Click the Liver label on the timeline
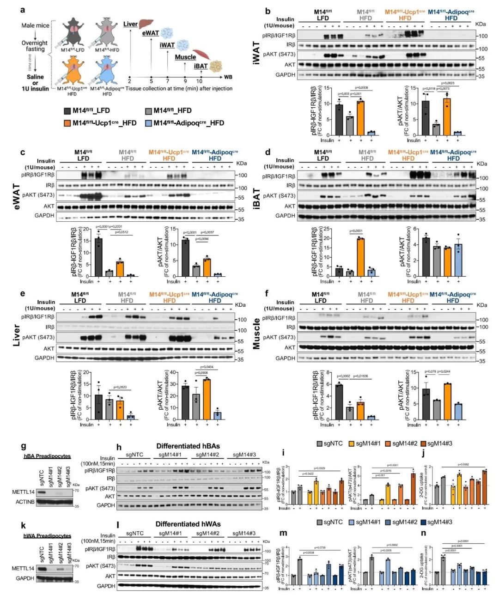(131, 24)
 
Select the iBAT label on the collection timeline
(201, 66)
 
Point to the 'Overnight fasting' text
(35, 46)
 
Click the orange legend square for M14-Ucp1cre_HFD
(67, 123)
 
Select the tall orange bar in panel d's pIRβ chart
(360, 257)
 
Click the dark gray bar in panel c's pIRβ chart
(98, 257)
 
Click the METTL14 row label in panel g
(23, 492)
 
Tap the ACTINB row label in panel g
(25, 502)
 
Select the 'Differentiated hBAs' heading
(188, 446)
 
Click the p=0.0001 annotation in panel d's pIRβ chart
(356, 231)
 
